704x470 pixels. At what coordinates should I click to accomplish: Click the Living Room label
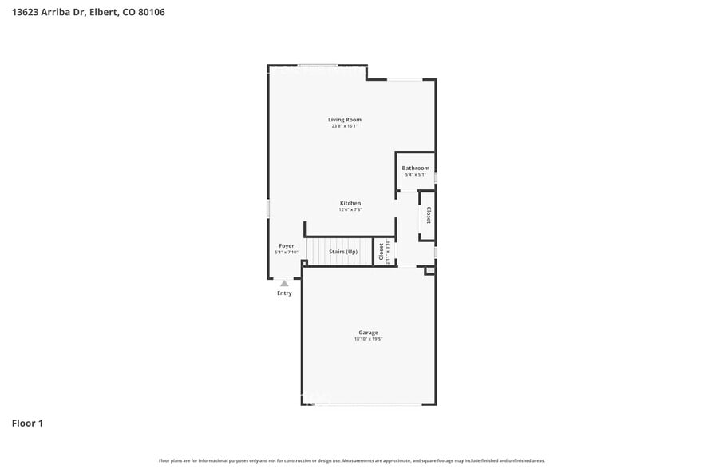[344, 120]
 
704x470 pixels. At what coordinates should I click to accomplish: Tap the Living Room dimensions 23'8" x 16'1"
[344, 126]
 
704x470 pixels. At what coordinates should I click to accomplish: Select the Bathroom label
[415, 168]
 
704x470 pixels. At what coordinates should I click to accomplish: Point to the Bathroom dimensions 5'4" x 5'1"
[415, 174]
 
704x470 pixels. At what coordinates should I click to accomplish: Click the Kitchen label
[350, 203]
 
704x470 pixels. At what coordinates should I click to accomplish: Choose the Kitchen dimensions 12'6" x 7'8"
[350, 209]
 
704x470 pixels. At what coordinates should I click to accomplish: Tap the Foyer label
[286, 245]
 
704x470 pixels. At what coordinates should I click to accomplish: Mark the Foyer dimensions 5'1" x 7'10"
[286, 252]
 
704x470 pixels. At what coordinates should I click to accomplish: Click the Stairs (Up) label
[343, 252]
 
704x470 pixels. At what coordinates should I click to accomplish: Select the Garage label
[368, 332]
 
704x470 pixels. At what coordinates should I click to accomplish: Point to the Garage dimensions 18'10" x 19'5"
[368, 339]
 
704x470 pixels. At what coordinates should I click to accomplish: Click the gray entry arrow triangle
[284, 283]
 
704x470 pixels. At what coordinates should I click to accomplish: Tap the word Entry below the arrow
[284, 293]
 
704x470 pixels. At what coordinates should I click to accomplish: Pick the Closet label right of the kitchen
[429, 215]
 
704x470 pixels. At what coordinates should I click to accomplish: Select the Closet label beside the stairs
[381, 252]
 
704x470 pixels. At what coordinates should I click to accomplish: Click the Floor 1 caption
[27, 423]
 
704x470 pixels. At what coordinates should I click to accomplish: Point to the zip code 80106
[151, 13]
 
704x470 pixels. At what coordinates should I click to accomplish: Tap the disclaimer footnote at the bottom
[352, 460]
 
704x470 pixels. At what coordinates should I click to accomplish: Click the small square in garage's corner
[430, 271]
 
